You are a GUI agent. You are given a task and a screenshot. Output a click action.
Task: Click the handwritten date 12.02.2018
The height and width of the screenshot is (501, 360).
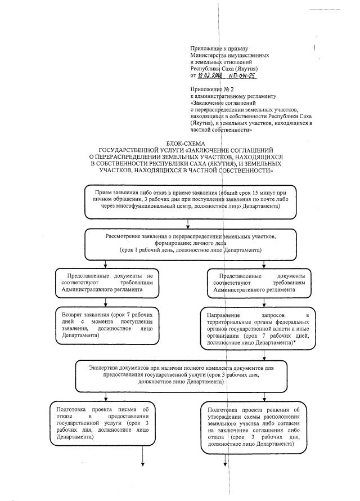click(x=210, y=75)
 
